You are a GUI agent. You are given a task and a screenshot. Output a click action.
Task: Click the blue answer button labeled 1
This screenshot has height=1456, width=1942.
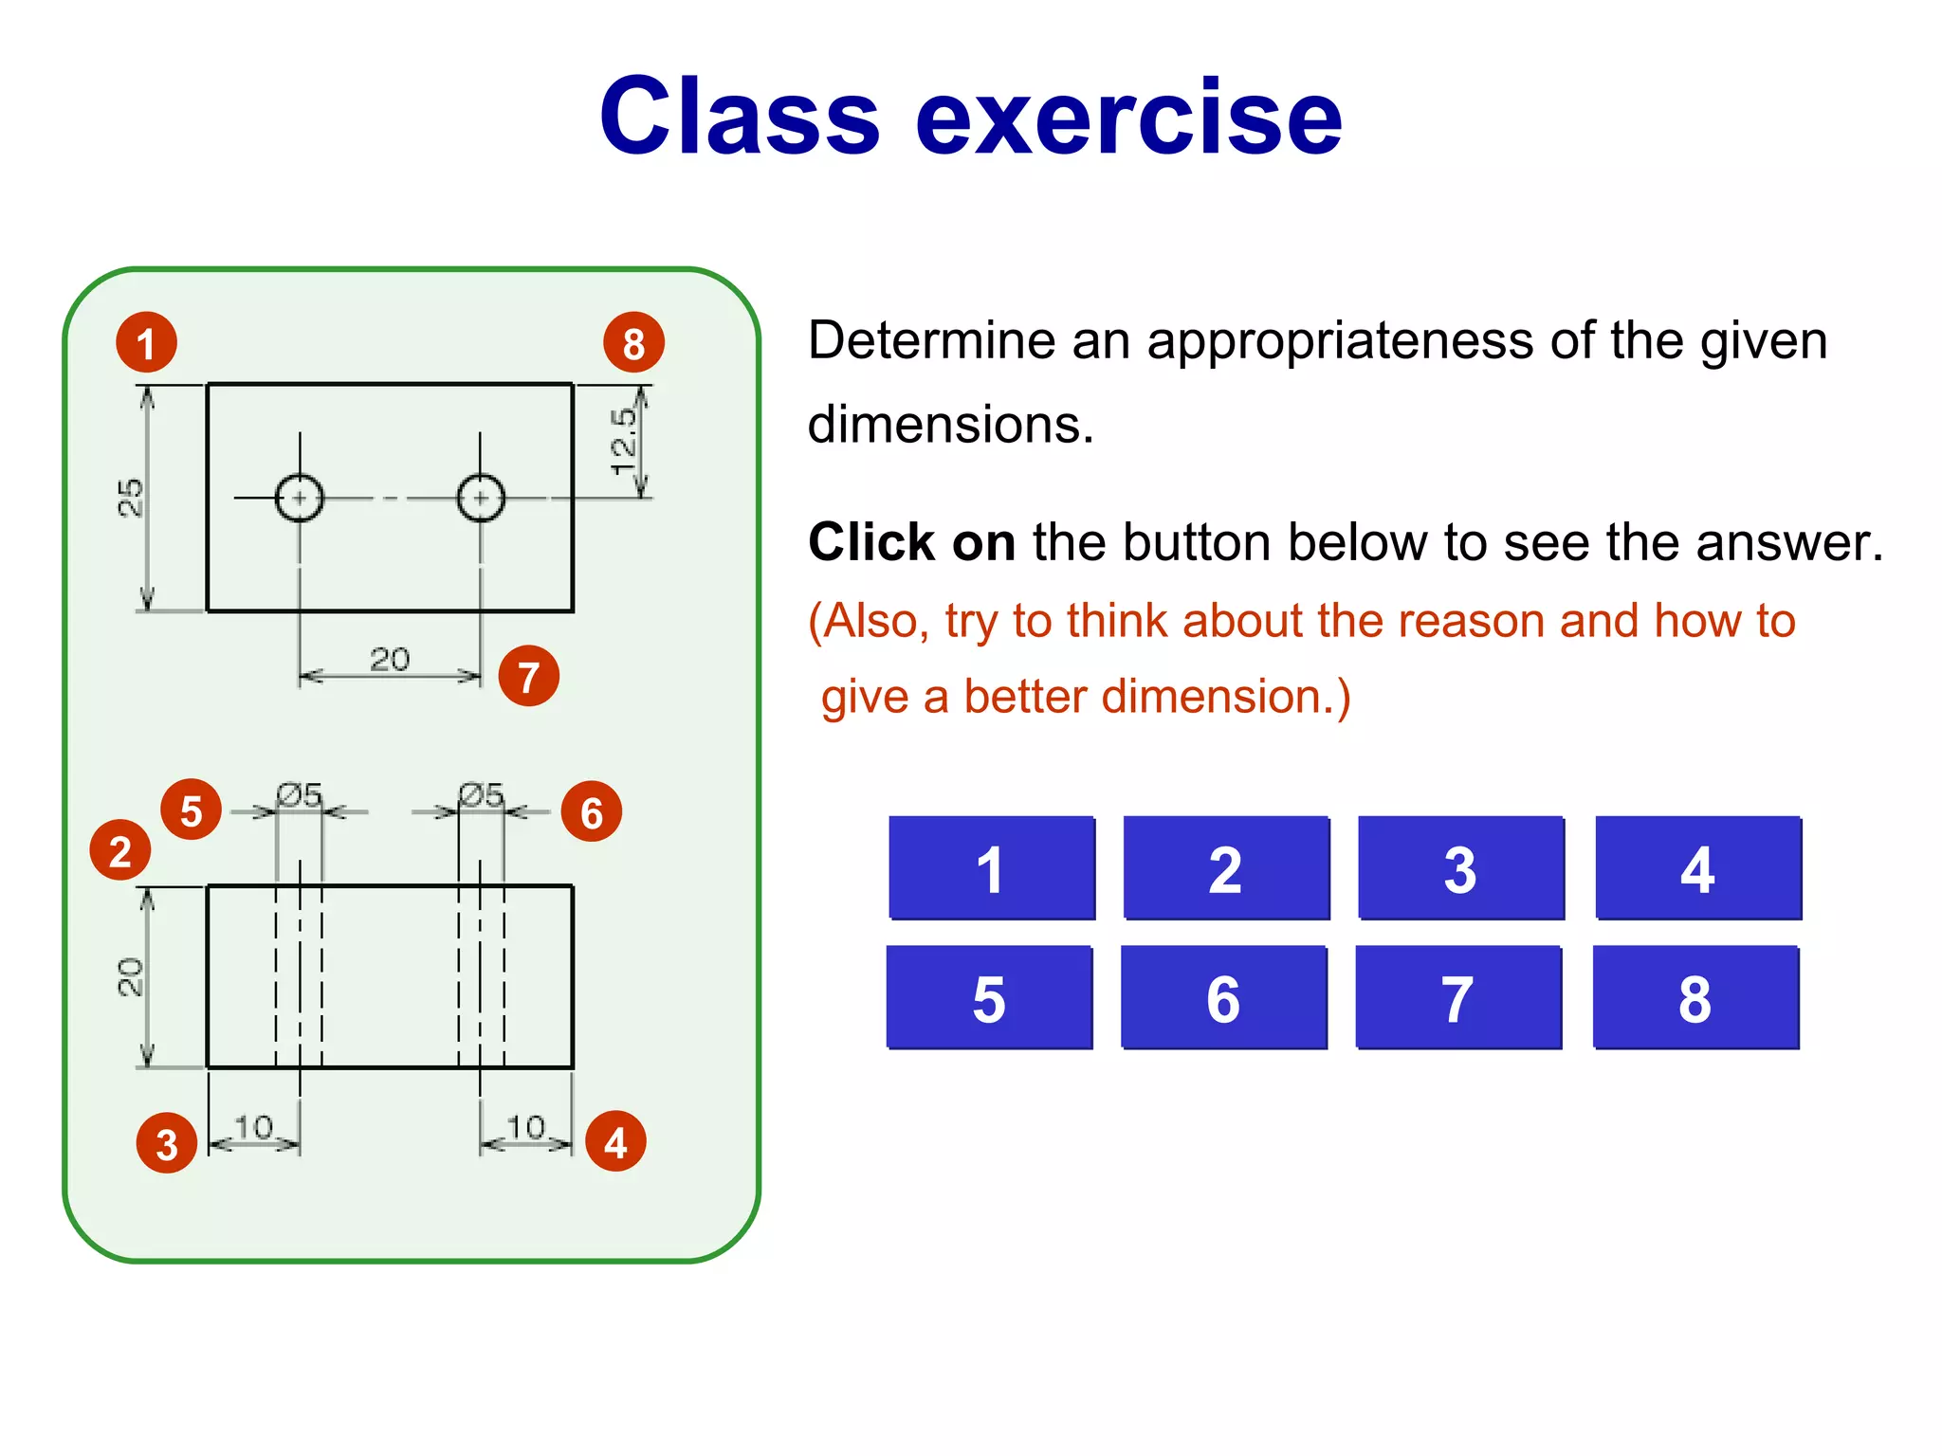pyautogui.click(x=991, y=867)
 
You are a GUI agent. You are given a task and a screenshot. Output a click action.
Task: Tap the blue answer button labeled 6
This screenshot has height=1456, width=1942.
pyautogui.click(x=1223, y=997)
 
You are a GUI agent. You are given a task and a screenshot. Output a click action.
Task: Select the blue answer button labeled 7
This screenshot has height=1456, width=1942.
pyautogui.click(x=1458, y=997)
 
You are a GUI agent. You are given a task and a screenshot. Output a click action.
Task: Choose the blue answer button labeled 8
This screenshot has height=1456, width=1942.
pyautogui.click(x=1695, y=997)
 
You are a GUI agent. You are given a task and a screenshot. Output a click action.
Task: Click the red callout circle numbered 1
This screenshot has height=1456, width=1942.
pyautogui.click(x=146, y=342)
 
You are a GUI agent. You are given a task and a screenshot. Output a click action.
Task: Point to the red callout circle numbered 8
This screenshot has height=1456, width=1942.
pyautogui.click(x=633, y=342)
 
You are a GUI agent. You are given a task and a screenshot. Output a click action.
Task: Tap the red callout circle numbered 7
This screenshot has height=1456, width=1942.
pyautogui.click(x=528, y=676)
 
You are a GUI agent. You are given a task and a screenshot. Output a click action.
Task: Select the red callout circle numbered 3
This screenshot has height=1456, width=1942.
pyautogui.click(x=167, y=1143)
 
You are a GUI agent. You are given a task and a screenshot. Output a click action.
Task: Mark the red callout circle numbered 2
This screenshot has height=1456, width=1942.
pyautogui.click(x=120, y=850)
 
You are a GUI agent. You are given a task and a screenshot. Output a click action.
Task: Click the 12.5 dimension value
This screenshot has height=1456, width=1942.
pyautogui.click(x=623, y=441)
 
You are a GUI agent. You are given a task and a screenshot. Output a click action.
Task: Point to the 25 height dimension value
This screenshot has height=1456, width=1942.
pyautogui.click(x=131, y=498)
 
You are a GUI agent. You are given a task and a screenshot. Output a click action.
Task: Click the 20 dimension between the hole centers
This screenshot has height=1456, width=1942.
pyautogui.click(x=390, y=659)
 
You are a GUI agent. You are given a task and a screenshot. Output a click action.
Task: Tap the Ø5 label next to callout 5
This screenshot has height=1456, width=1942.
pyautogui.click(x=299, y=794)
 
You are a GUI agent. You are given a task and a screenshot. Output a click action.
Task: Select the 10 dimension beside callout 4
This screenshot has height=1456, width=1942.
pyautogui.click(x=525, y=1127)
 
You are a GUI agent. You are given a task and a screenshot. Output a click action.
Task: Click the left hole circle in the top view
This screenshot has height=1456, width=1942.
pyautogui.click(x=300, y=498)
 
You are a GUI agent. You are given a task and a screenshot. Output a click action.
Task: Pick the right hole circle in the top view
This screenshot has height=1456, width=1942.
pyautogui.click(x=481, y=498)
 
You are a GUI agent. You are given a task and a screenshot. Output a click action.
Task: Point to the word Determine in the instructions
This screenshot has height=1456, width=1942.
pyautogui.click(x=931, y=341)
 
